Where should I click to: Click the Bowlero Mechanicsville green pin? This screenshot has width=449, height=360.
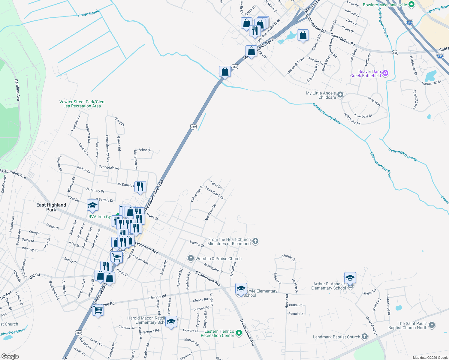coord(411,5)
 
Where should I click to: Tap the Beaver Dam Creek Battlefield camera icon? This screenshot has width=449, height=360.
coord(385,73)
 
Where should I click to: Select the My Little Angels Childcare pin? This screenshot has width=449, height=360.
coord(340,95)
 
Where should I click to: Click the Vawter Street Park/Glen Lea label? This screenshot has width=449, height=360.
coord(82,104)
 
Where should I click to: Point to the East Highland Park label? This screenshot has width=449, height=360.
coord(51,207)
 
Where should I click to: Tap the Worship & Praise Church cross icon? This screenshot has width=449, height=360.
coord(191,258)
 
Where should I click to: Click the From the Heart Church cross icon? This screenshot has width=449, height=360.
coord(255,241)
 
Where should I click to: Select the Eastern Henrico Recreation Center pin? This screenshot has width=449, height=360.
coord(239,333)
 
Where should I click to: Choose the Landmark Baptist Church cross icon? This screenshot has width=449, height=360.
coord(365,337)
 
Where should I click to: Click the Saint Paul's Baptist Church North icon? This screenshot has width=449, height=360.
coord(432,325)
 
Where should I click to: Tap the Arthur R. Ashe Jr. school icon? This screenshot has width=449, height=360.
coord(350,278)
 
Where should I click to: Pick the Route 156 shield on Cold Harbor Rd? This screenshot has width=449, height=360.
coord(395,53)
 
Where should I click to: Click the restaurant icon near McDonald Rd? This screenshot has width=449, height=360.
coord(140,187)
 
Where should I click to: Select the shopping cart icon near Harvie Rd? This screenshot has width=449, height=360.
coord(98,310)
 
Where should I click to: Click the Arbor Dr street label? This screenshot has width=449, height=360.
coord(145,150)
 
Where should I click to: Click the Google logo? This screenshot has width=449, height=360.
coord(10,356)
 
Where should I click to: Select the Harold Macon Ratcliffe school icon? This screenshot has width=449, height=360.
coord(171,322)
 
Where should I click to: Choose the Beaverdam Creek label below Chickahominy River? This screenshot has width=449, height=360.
coord(402,154)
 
